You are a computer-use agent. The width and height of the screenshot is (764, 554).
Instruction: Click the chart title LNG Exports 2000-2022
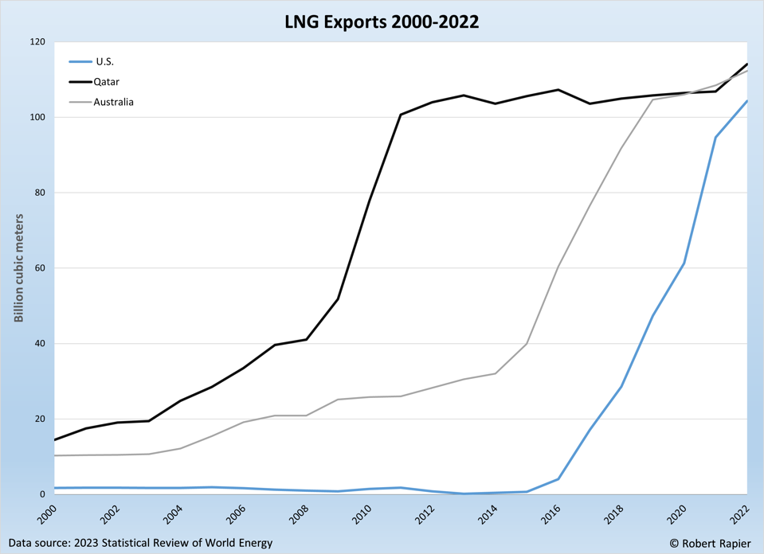tap(382, 21)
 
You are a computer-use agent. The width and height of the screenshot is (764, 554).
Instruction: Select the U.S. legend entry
tap(104, 61)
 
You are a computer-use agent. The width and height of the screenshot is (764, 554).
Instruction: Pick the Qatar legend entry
tap(106, 81)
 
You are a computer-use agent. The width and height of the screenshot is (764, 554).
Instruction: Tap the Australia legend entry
tap(113, 102)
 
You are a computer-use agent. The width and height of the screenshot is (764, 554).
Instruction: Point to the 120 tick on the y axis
tap(37, 41)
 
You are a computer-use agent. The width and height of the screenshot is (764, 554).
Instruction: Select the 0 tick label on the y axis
tap(41, 494)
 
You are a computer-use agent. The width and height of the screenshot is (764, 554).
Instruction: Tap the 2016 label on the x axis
tap(551, 515)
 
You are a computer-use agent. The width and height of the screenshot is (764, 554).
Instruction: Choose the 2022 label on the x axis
tap(740, 515)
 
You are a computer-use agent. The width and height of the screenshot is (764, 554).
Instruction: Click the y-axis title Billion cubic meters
tap(18, 268)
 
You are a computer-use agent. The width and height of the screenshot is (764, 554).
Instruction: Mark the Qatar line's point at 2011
tap(400, 115)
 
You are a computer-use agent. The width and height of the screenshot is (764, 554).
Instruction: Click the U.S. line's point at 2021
tap(715, 137)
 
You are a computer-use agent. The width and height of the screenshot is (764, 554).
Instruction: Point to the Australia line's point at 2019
tap(652, 99)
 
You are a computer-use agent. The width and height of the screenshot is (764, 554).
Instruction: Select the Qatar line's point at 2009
tap(338, 298)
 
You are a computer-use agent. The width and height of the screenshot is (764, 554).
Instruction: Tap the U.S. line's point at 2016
tap(558, 479)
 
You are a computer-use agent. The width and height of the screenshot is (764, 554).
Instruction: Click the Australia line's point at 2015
tap(527, 344)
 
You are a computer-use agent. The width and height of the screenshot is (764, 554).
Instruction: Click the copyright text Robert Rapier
tap(710, 543)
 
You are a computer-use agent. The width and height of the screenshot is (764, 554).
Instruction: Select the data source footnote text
tap(140, 543)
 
